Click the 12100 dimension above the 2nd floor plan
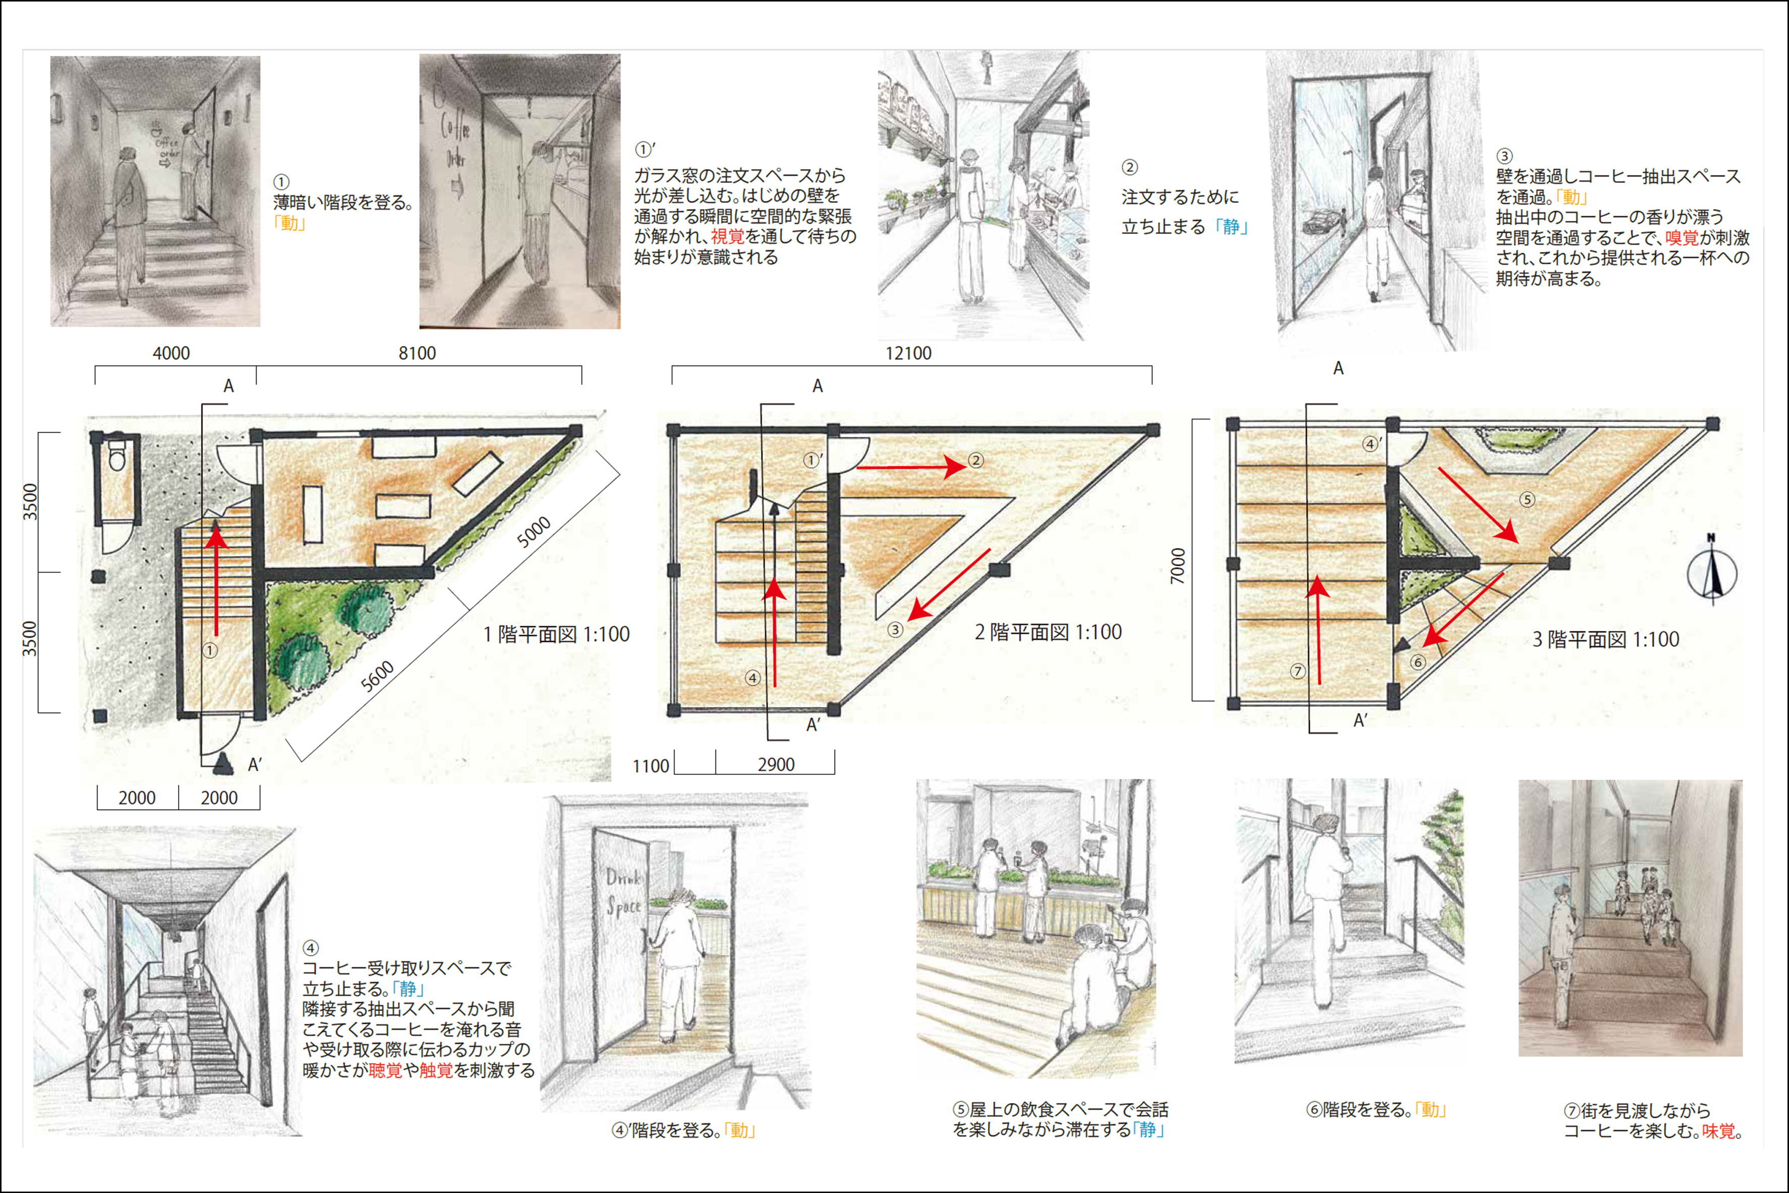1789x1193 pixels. pos(908,353)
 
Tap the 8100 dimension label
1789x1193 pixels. pos(417,353)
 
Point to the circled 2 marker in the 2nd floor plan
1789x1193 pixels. pos(976,460)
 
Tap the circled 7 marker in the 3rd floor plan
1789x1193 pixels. pos(1298,671)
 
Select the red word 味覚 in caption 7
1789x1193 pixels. pos(1718,1131)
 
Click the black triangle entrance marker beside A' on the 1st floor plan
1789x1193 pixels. pos(223,763)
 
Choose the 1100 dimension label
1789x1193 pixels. pos(650,765)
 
